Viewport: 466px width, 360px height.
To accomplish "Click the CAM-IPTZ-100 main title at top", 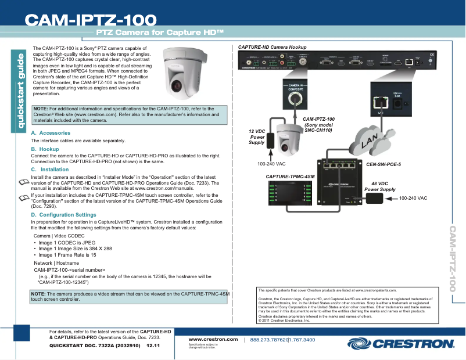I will [89, 20].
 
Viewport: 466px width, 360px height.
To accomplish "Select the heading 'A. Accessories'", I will [51, 133].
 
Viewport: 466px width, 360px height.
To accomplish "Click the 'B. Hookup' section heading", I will [45, 149].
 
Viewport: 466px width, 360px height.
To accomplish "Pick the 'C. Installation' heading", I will [50, 170].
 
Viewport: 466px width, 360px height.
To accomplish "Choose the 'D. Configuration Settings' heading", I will [63, 215].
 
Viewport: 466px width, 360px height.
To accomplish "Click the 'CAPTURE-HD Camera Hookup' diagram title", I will [273, 46].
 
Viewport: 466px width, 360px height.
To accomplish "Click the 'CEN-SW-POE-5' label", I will [383, 164].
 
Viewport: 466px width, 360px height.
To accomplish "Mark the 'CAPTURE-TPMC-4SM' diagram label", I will [290, 175].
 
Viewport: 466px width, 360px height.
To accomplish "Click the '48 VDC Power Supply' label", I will [380, 186].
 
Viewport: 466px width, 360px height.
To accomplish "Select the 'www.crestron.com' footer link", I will [213, 339].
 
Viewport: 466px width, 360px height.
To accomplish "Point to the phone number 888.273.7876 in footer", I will [268, 339].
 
